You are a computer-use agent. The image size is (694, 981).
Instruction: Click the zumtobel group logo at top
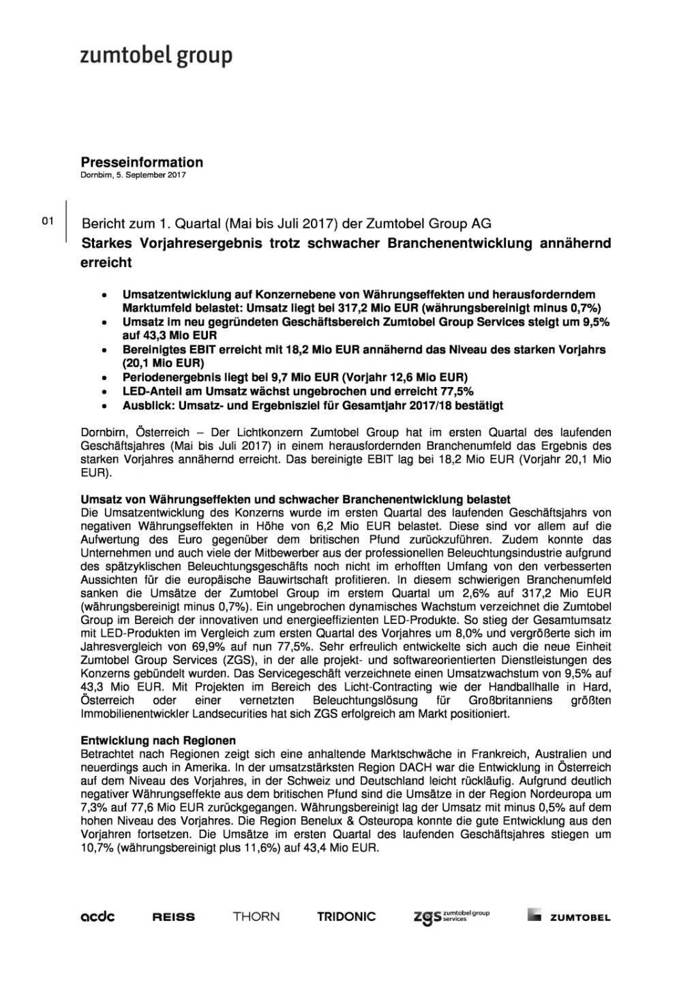pos(156,56)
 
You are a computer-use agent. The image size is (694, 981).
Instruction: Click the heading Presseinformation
pos(142,162)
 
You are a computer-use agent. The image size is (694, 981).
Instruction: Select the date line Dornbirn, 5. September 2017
pos(134,175)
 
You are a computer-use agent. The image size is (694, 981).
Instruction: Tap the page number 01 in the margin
pos(48,221)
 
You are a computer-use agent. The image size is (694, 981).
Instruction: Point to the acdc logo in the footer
pos(98,916)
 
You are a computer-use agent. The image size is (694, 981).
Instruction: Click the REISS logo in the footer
pos(174,917)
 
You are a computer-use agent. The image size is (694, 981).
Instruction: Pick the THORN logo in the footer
pos(256,916)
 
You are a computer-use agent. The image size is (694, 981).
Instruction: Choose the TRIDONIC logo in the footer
pos(346,916)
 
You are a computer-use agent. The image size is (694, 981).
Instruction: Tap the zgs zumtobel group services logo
pos(451,916)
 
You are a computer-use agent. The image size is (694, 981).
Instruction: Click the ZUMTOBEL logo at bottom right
pos(569,917)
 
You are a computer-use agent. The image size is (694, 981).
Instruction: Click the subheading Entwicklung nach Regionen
pos(159,740)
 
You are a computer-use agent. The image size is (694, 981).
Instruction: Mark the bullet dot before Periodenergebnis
pos(103,377)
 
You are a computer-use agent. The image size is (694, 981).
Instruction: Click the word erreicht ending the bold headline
pos(106,262)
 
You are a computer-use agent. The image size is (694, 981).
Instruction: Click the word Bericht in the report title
pos(102,223)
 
